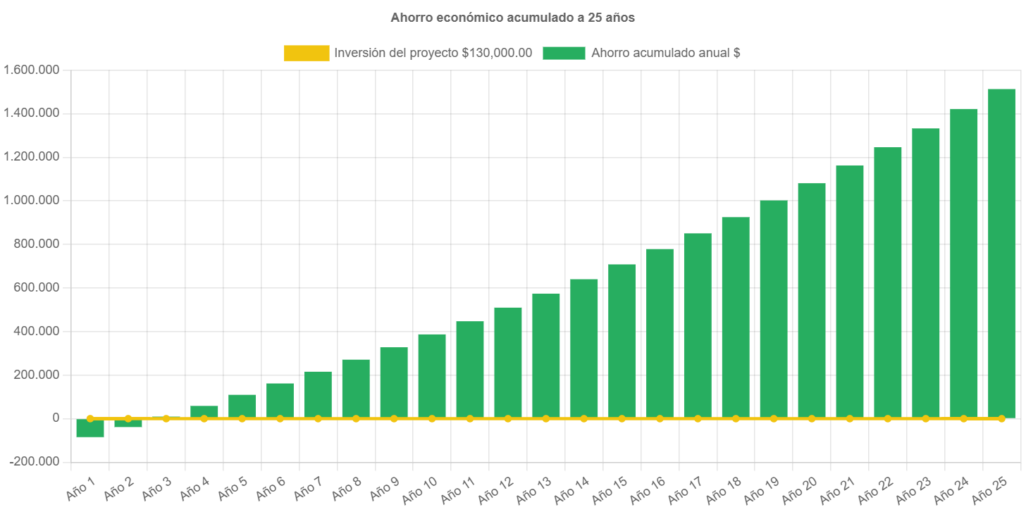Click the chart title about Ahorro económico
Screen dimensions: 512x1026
(x=512, y=18)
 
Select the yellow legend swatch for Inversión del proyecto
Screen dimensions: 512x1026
(x=307, y=53)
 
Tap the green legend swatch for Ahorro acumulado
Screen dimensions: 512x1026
(x=564, y=53)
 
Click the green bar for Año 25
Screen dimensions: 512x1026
(x=1001, y=254)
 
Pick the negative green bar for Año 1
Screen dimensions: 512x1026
(x=90, y=428)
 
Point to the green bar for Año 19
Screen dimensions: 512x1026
(x=774, y=310)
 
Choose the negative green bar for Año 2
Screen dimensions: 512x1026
(x=128, y=423)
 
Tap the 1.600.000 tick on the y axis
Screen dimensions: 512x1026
(x=32, y=70)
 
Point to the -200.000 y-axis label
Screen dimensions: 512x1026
(x=35, y=461)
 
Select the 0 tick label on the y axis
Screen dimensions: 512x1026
(x=56, y=418)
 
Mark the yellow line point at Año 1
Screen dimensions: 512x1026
(x=90, y=418)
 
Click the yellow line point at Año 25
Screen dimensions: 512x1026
(x=1001, y=418)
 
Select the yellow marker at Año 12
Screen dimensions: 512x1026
(x=508, y=418)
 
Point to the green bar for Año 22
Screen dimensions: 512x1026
(x=888, y=282)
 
